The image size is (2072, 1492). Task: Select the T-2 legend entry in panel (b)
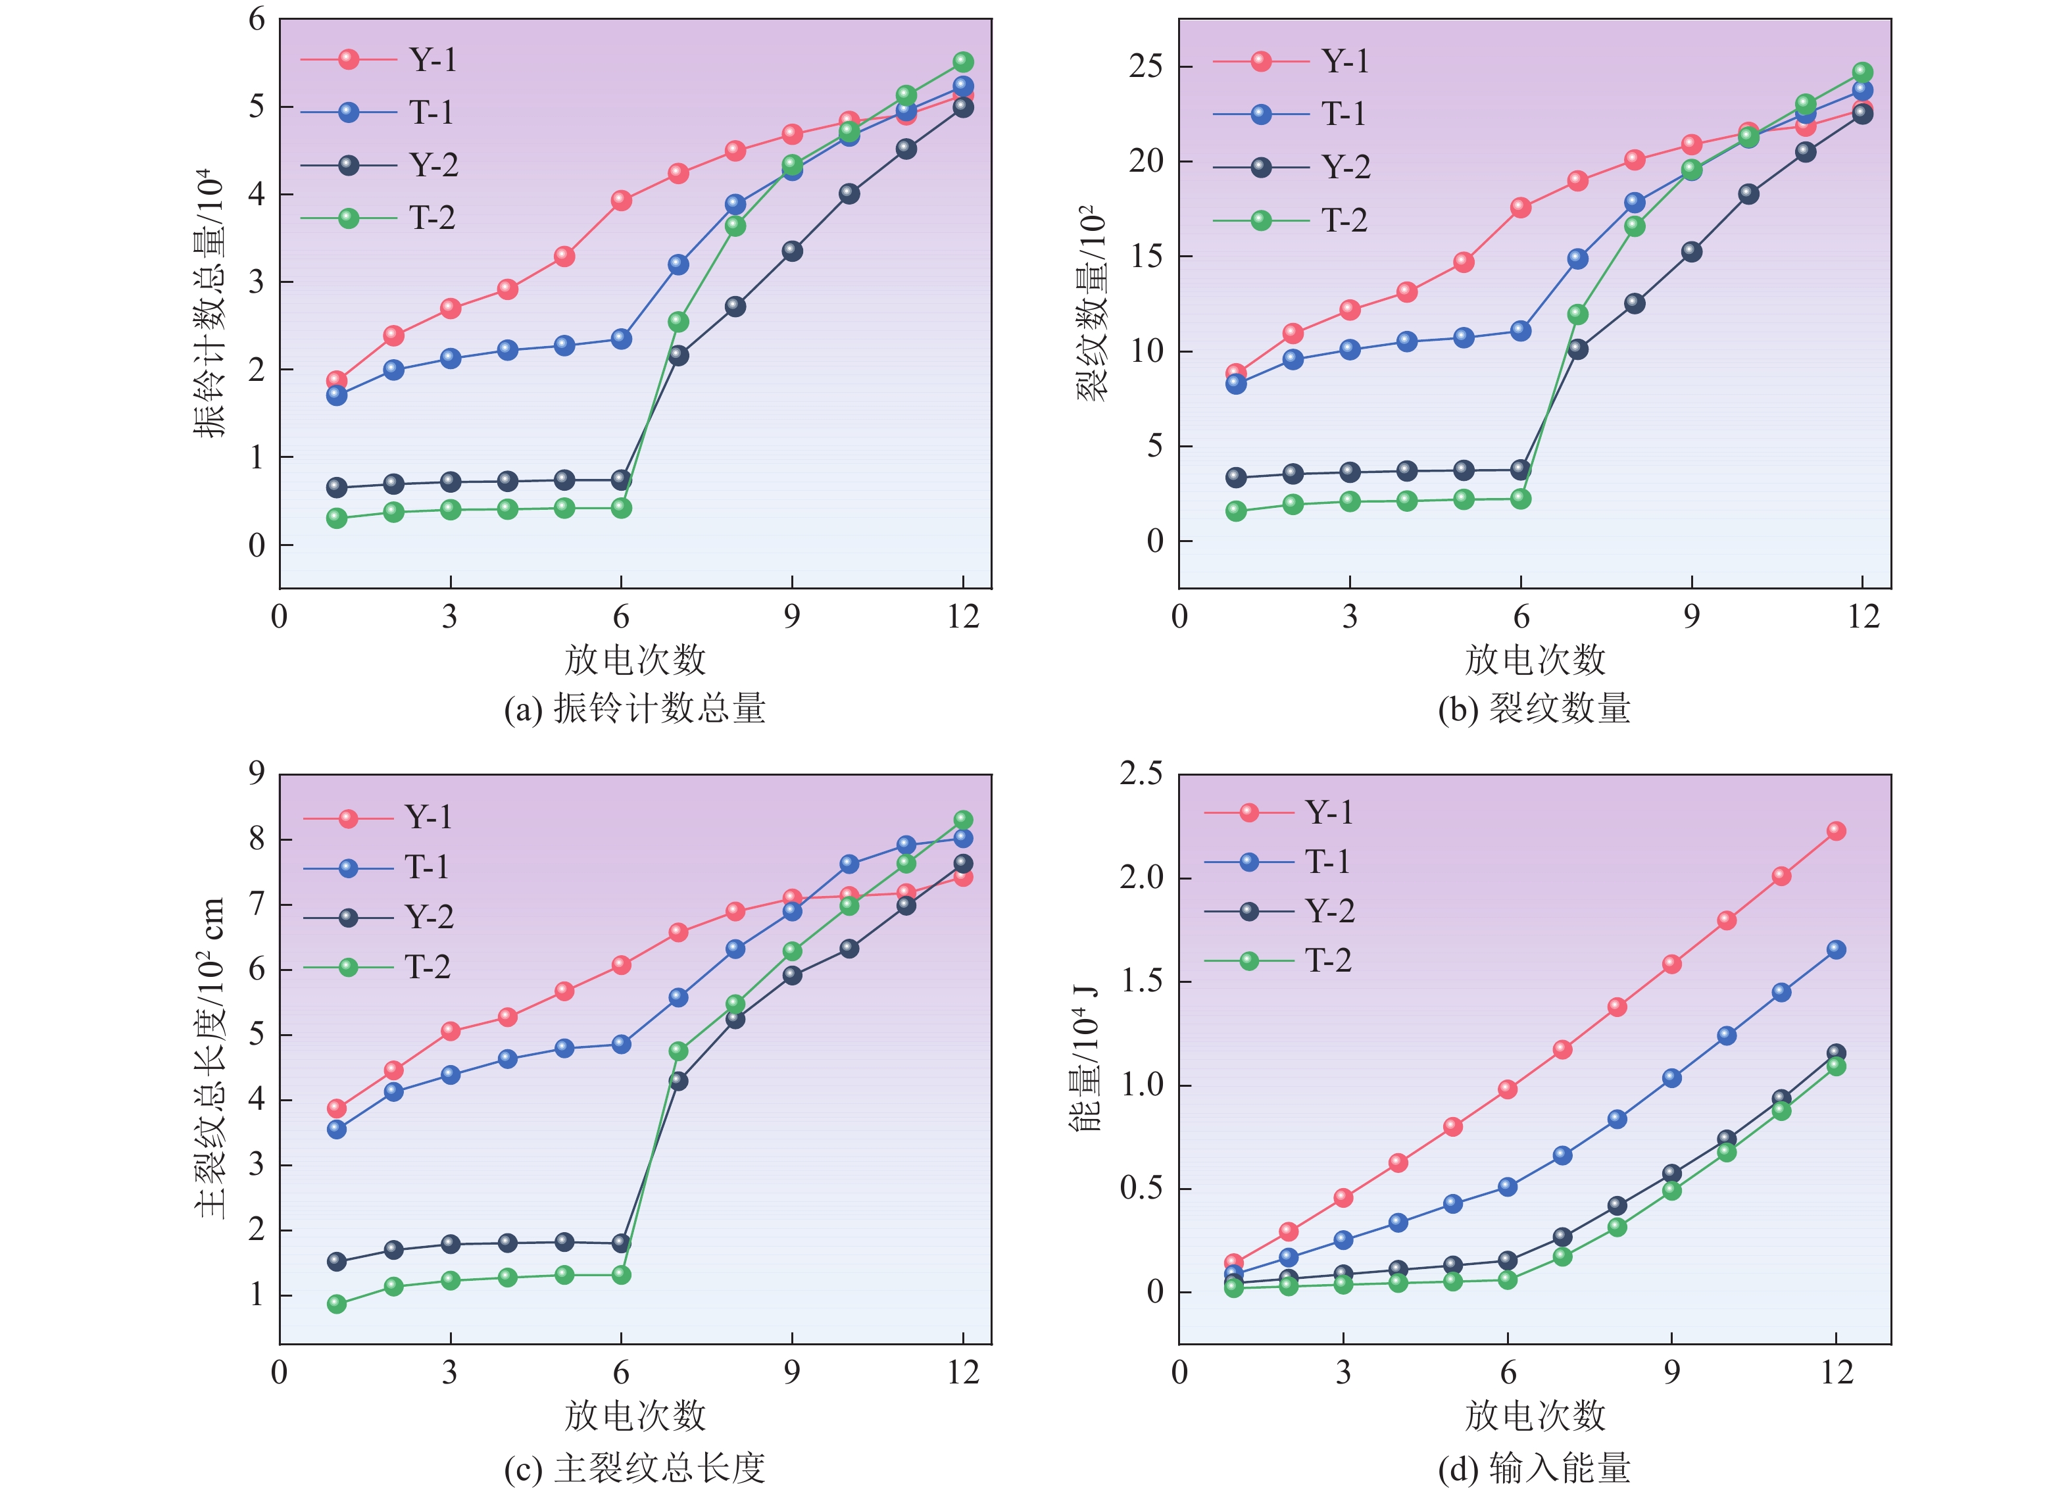coord(1344,220)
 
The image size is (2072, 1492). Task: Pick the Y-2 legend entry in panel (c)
coord(428,917)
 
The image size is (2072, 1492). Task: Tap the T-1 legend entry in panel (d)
coord(1327,862)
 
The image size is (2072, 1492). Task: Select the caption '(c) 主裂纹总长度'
coord(635,1468)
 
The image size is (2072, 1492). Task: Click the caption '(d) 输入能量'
coord(1534,1468)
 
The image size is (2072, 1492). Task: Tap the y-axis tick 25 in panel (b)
coord(1147,66)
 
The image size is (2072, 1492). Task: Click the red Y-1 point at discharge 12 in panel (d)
coord(1837,830)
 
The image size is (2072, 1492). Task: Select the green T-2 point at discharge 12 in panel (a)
coord(963,62)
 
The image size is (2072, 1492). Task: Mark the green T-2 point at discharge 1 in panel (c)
coord(337,1304)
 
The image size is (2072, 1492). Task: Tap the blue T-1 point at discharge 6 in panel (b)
coord(1521,331)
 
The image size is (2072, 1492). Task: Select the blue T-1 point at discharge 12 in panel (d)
coord(1837,950)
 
